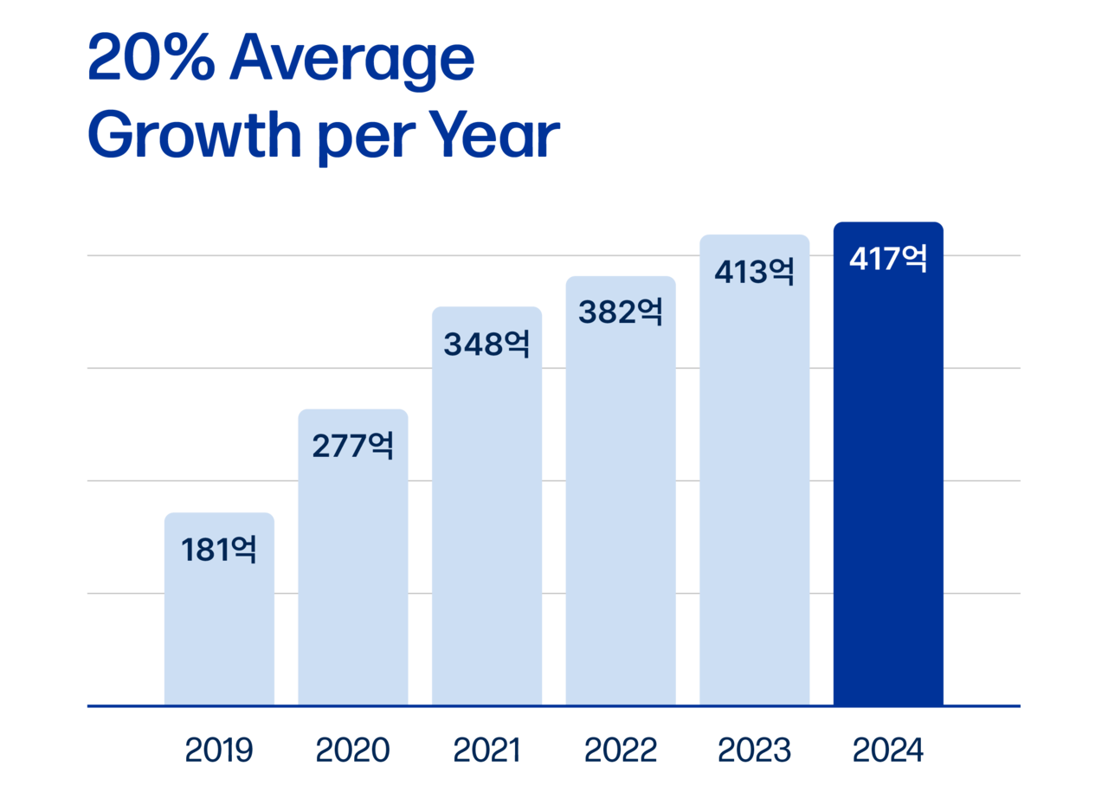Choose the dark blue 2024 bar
[888, 485]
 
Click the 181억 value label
[219, 550]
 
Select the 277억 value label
[353, 446]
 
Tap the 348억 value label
[486, 344]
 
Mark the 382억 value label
[621, 312]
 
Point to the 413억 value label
[754, 272]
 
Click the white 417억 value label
[888, 259]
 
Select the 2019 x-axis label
[219, 750]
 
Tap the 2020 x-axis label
[353, 750]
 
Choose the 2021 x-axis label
[486, 750]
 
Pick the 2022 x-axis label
[621, 750]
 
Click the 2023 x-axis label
[754, 750]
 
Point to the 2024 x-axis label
[888, 750]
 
